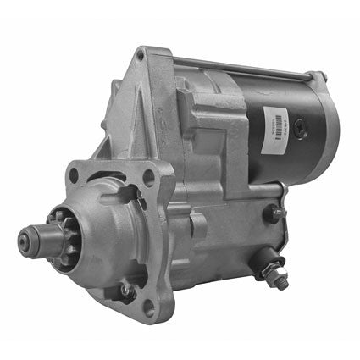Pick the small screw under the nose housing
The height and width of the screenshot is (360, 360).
(x=126, y=291)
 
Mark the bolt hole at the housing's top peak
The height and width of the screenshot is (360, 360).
(x=140, y=58)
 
